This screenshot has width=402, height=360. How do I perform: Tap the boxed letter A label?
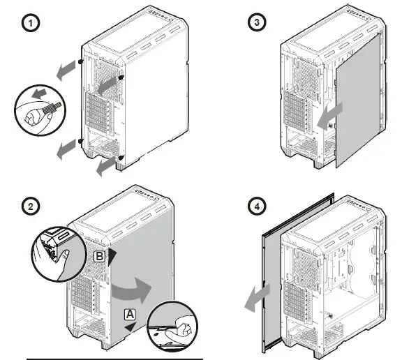[129, 315]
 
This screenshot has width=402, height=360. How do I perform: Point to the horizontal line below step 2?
[114, 357]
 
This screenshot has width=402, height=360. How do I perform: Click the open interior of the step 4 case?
[349, 279]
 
